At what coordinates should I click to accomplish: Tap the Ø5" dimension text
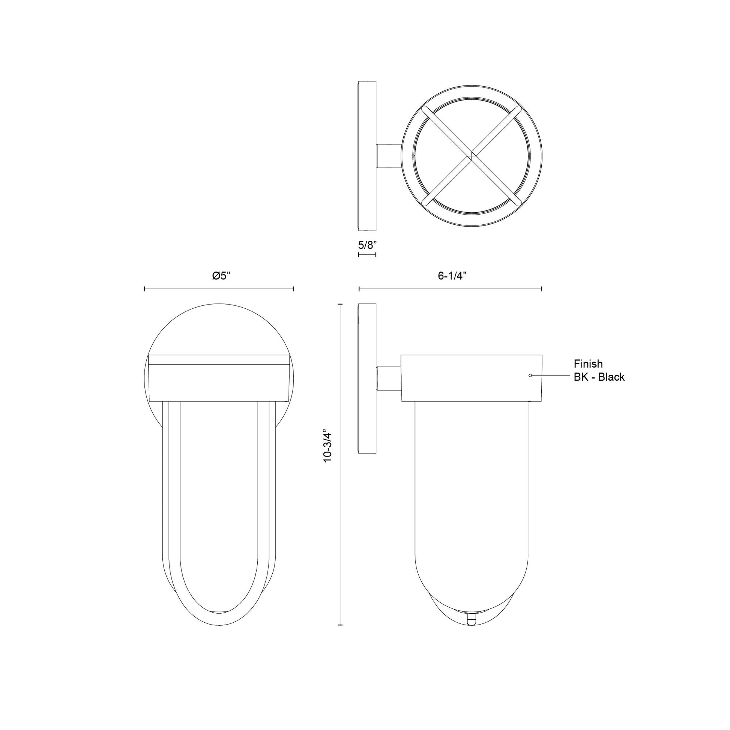point(221,276)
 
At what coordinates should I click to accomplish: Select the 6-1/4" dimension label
point(452,276)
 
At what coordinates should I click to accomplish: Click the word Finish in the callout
point(588,364)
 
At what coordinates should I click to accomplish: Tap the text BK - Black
point(599,377)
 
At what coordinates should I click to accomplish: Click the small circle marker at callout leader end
point(530,376)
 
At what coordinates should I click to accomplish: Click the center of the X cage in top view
point(471,156)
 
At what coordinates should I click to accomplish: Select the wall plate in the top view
point(367,156)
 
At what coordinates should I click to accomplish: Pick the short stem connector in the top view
point(388,156)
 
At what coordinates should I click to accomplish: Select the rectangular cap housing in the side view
point(471,378)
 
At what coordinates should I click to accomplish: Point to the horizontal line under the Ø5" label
point(219,290)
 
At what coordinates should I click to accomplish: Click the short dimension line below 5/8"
point(367,255)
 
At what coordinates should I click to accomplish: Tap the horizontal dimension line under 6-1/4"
point(450,290)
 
